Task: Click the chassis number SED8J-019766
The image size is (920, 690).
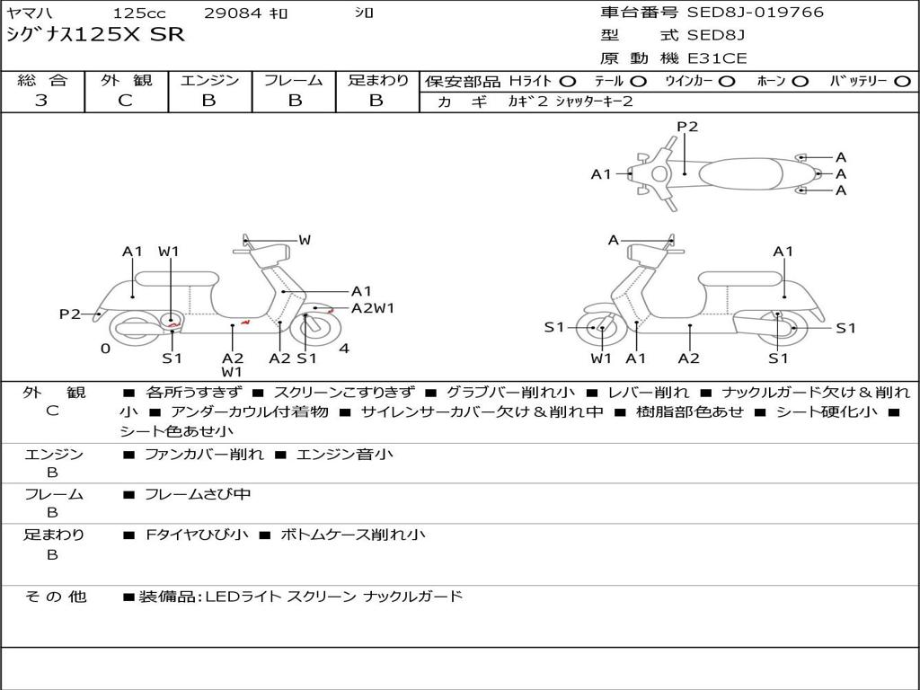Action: (755, 13)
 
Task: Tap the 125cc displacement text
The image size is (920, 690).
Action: (138, 13)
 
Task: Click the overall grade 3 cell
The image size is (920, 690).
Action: (41, 101)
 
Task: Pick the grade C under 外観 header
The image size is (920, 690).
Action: (126, 101)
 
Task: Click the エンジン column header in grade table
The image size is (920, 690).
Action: (209, 81)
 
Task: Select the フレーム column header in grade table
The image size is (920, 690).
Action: (293, 81)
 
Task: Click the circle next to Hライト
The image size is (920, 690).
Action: (568, 82)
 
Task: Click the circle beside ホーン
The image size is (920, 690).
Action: (801, 82)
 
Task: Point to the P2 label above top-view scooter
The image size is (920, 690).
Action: (687, 127)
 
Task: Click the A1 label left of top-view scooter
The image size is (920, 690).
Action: (601, 174)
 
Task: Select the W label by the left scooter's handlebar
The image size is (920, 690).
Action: (305, 240)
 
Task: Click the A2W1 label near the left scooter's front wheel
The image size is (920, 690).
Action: (373, 308)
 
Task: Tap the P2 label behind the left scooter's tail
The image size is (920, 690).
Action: (70, 314)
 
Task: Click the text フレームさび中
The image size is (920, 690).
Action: (198, 494)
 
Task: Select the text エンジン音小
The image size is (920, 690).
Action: (344, 455)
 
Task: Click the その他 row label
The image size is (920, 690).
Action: (55, 597)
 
